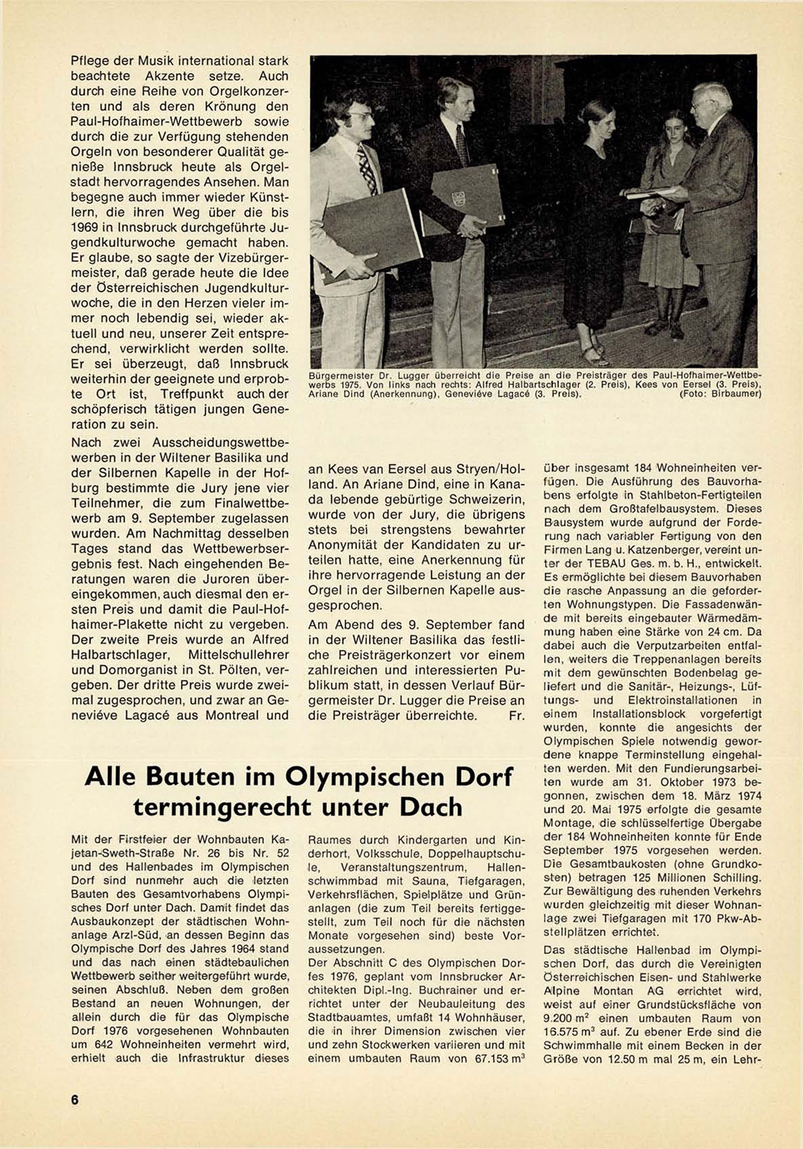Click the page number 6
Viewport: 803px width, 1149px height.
(75, 1099)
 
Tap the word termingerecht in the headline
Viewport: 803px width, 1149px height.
(224, 807)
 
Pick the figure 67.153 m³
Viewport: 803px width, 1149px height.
(494, 1059)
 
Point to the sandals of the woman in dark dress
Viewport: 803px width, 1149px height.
(594, 354)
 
